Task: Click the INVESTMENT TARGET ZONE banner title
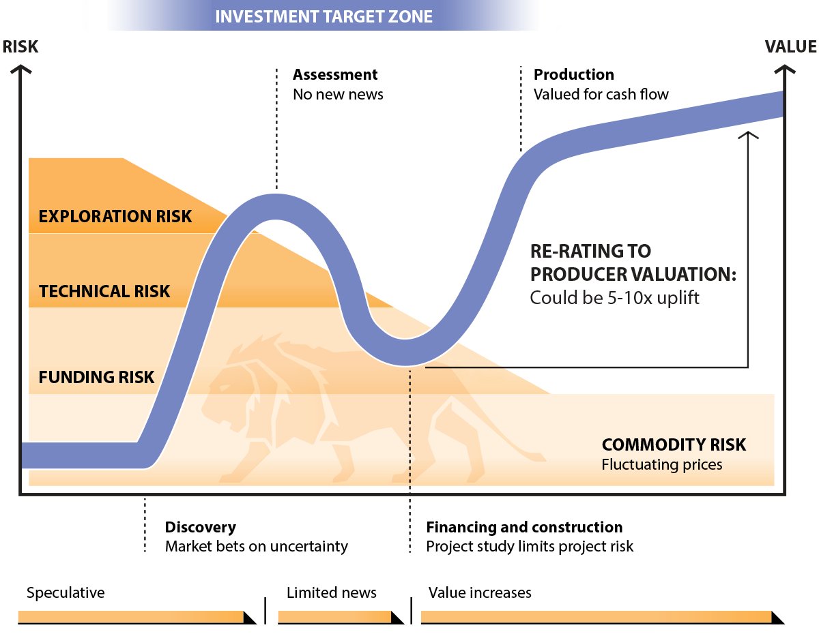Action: (324, 16)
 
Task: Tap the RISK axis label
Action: (20, 46)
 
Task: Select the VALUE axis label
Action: (791, 46)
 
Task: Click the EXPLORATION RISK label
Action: (115, 216)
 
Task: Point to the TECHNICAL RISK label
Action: (104, 291)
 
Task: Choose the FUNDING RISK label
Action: (96, 377)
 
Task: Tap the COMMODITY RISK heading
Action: (674, 444)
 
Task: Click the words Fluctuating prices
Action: (662, 464)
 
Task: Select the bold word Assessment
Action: (335, 74)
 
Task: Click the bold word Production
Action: (573, 74)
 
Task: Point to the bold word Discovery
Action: (201, 527)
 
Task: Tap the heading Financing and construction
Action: (524, 527)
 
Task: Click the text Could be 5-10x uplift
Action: (614, 298)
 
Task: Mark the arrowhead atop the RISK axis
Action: (20, 69)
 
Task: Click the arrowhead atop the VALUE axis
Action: (784, 69)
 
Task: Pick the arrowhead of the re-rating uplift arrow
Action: (748, 135)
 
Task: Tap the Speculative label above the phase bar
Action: (66, 592)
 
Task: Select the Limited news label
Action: (331, 592)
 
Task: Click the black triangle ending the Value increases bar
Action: (777, 618)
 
